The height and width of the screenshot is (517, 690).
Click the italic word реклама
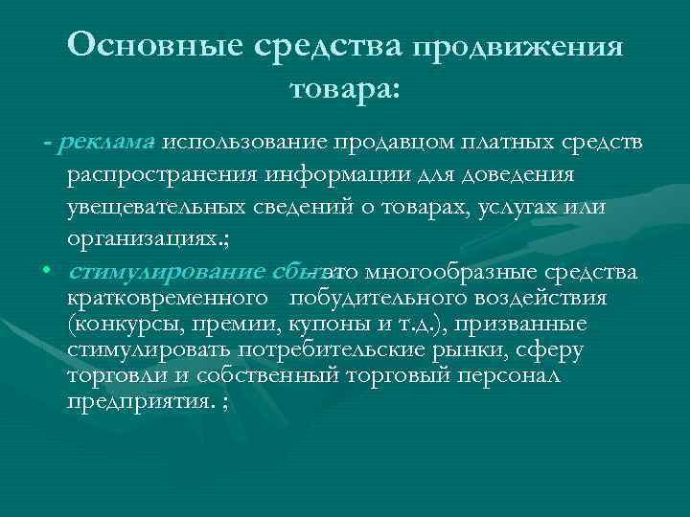pos(106,143)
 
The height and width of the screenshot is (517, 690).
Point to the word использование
pos(245,143)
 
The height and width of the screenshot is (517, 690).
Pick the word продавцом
pos(386,143)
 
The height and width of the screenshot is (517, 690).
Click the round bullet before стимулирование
pos(45,271)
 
